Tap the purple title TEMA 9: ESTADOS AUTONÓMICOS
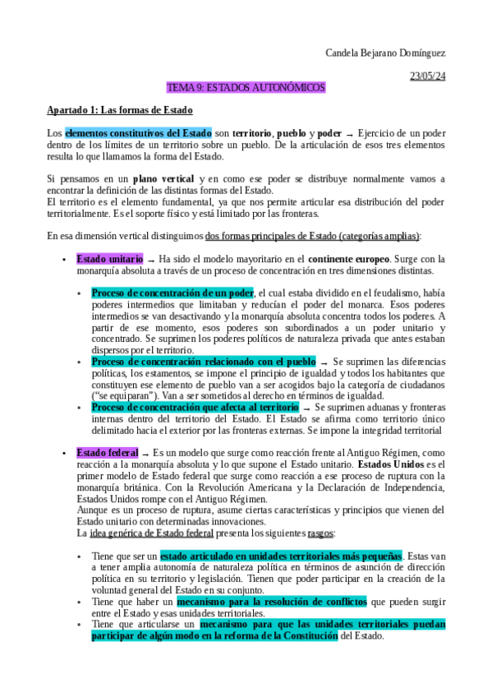[x=246, y=88]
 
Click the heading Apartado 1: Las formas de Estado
[x=119, y=110]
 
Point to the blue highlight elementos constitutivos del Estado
[x=138, y=133]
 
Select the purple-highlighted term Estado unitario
[x=109, y=258]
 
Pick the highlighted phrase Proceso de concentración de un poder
[x=172, y=293]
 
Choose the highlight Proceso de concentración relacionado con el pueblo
[x=204, y=361]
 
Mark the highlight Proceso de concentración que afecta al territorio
[x=195, y=407]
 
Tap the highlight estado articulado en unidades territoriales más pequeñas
[x=281, y=533]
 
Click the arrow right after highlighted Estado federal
[x=145, y=454]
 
